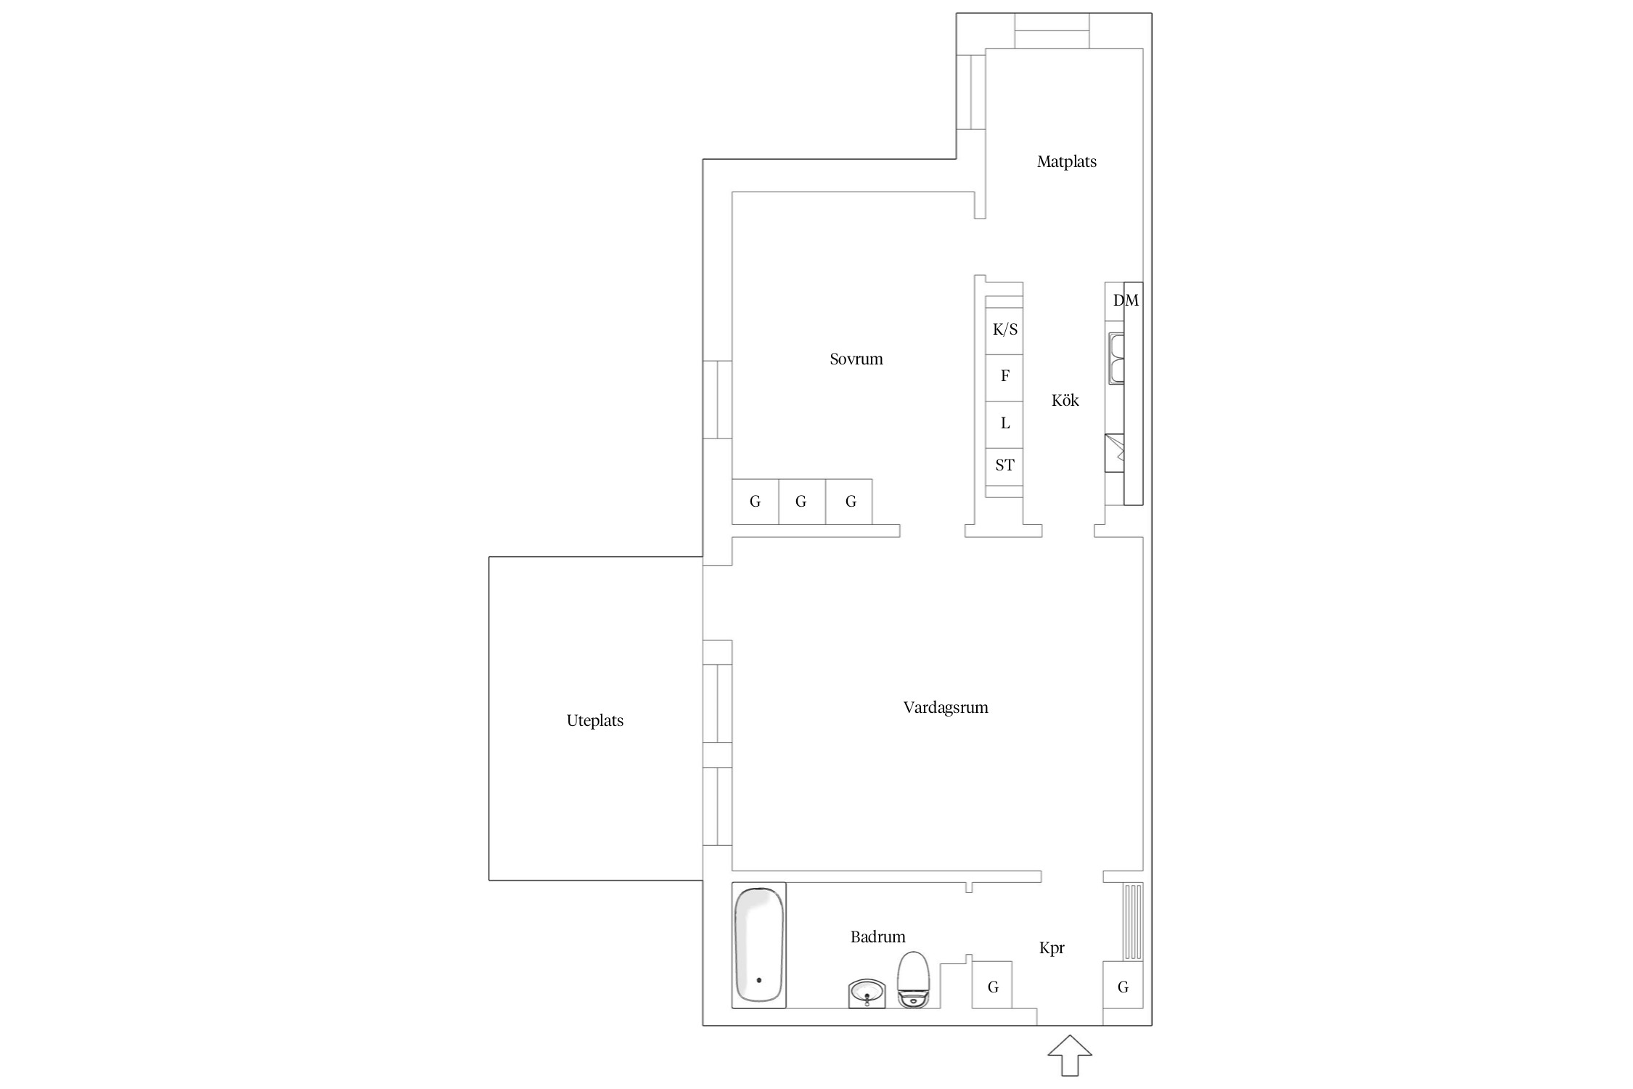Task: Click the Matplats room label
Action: pyautogui.click(x=1066, y=162)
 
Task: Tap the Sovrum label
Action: pyautogui.click(x=856, y=359)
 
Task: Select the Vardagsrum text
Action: pyautogui.click(x=946, y=707)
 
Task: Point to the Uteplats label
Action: pyautogui.click(x=595, y=720)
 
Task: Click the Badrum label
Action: pyautogui.click(x=878, y=937)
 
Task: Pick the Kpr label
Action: pyautogui.click(x=1052, y=948)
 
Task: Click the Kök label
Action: pyautogui.click(x=1065, y=400)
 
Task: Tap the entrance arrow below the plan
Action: pyautogui.click(x=1070, y=1055)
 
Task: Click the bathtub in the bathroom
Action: pyautogui.click(x=759, y=945)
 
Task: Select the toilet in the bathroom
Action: pyautogui.click(x=913, y=979)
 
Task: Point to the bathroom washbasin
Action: pyautogui.click(x=867, y=994)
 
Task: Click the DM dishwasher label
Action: pyautogui.click(x=1126, y=300)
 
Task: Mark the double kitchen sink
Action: pyautogui.click(x=1116, y=359)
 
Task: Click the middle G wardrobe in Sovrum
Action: pyautogui.click(x=802, y=502)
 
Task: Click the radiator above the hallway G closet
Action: pyautogui.click(x=1133, y=921)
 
